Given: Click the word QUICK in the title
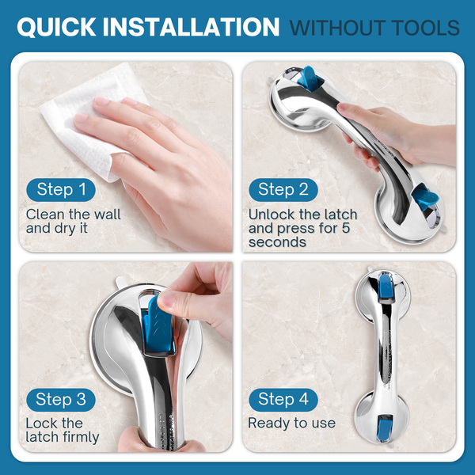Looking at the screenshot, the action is tap(57, 27).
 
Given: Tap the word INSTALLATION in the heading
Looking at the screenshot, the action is tap(191, 27).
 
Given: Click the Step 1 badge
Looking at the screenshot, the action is tap(61, 190).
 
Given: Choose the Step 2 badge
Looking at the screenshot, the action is tap(283, 190).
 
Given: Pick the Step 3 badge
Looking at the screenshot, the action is tap(61, 400).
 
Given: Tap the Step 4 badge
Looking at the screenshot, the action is tap(283, 400).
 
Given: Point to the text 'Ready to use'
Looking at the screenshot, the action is tap(291, 423).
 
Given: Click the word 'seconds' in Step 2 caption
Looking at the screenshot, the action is tap(277, 242).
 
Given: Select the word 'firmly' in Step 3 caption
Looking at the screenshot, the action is tap(81, 437).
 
